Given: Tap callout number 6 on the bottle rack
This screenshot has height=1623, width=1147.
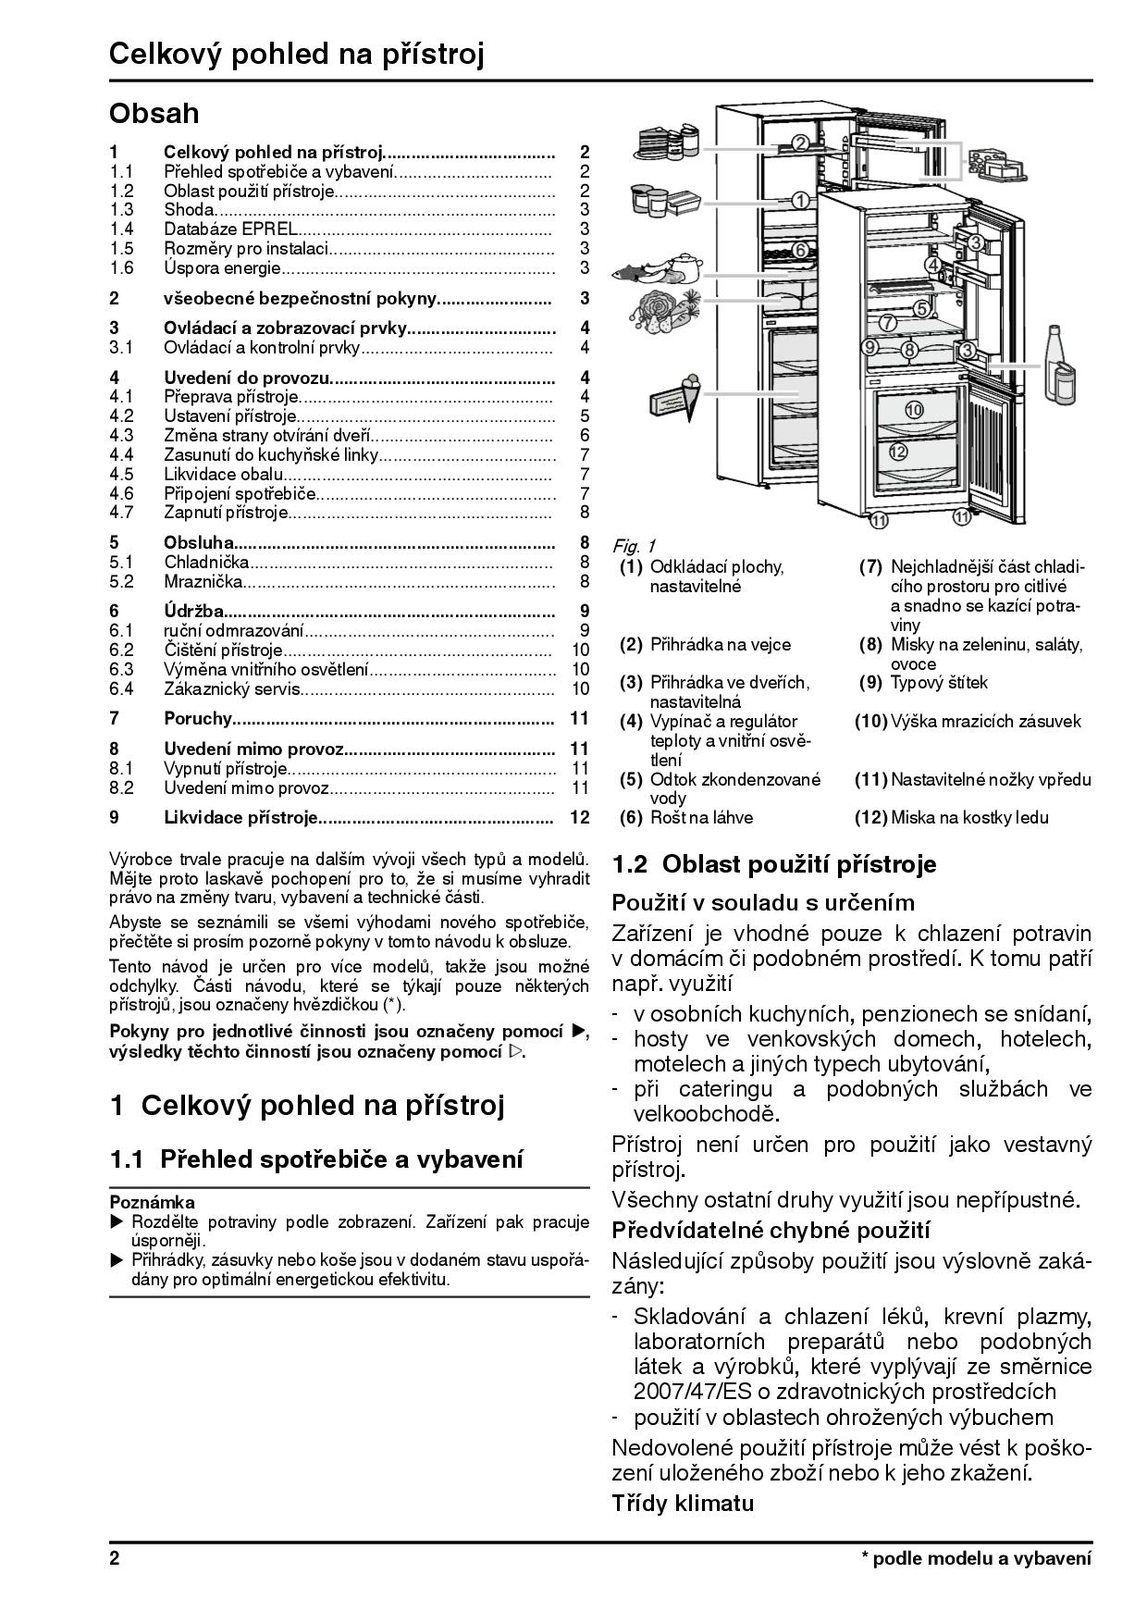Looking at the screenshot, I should [x=801, y=249].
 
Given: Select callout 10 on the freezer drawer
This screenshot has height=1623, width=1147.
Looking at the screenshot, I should [x=913, y=409].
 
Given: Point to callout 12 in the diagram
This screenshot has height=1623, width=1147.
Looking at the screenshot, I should [x=897, y=452].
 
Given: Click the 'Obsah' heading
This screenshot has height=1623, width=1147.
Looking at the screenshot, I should [x=154, y=114].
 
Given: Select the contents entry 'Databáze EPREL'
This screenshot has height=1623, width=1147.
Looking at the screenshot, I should [x=230, y=229].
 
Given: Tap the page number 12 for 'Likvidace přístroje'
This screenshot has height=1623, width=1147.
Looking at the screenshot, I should [x=580, y=817].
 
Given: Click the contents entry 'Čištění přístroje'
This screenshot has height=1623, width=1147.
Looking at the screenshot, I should [x=223, y=650].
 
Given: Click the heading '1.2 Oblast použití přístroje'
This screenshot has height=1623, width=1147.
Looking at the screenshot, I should [x=774, y=864].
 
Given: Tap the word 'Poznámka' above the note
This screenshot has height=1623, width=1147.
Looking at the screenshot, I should [x=152, y=1202].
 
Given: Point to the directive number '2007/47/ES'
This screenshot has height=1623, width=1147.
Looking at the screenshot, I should [x=687, y=1391].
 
